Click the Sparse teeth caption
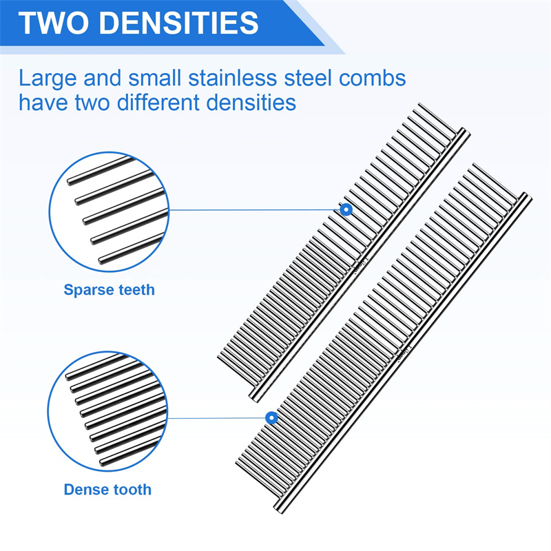pyautogui.click(x=109, y=290)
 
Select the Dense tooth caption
pyautogui.click(x=107, y=490)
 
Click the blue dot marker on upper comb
pyautogui.click(x=346, y=209)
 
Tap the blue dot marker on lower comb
pyautogui.click(x=271, y=417)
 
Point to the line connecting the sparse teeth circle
pyautogui.click(x=255, y=209)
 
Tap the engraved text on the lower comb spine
pyautogui.click(x=402, y=353)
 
